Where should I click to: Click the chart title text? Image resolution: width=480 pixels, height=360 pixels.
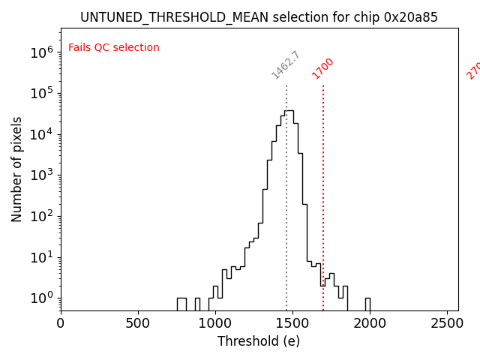tap(259, 16)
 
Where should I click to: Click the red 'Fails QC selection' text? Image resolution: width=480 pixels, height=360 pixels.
tap(114, 48)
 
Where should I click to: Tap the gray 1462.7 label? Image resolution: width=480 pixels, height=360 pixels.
tap(286, 65)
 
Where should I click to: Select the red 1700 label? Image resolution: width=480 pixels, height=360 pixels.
tap(323, 68)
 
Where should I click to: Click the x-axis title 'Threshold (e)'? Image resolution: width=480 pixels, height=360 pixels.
tap(259, 341)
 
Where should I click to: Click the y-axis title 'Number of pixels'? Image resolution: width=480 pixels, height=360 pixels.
tap(17, 169)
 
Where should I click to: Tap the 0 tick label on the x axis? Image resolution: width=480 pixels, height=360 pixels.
tap(61, 323)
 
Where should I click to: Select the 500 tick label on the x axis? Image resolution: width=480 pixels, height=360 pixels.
tap(138, 323)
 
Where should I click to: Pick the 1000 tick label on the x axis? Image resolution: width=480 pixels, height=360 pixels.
tap(215, 323)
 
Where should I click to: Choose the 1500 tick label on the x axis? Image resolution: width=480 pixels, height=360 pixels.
tap(292, 323)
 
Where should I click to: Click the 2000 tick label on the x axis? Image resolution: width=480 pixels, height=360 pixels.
tap(370, 323)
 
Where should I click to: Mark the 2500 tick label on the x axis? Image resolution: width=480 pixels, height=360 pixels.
tap(447, 323)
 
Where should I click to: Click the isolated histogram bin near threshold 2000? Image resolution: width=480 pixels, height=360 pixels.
tap(367, 303)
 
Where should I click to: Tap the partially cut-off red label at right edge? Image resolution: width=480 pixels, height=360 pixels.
tap(473, 69)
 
